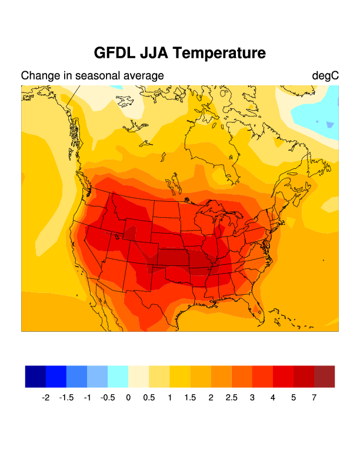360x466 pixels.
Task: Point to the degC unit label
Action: point(325,76)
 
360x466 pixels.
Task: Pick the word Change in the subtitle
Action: point(39,76)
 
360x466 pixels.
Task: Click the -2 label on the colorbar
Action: point(45,398)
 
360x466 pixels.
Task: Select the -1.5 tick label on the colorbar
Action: point(66,398)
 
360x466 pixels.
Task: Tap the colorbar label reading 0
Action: point(128,398)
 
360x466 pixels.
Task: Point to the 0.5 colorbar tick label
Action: point(149,398)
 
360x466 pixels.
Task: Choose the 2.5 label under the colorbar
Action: point(231,398)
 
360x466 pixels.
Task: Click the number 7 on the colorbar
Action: point(314,398)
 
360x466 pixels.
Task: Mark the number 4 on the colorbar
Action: point(273,398)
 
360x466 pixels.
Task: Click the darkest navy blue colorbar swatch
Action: point(35,377)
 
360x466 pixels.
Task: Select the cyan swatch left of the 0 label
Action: point(118,377)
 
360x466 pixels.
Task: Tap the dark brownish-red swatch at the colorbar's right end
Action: point(324,377)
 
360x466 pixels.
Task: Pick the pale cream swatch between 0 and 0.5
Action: point(139,377)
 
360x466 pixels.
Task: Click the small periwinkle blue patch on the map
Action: point(329,125)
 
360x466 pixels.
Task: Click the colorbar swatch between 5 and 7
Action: point(304,377)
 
